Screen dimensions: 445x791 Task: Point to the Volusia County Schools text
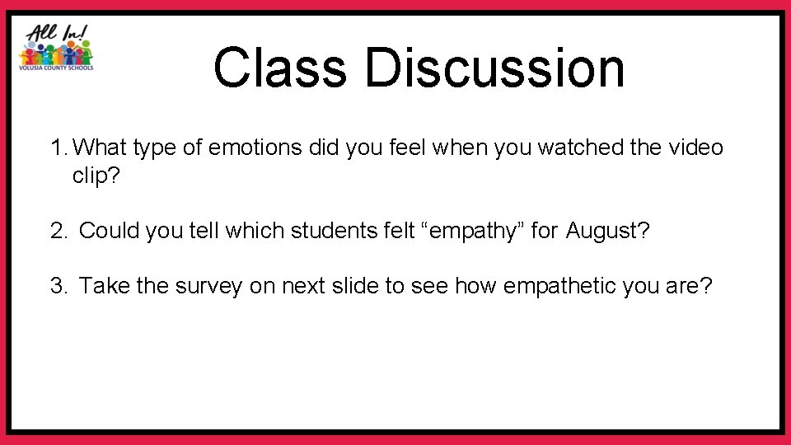click(x=56, y=68)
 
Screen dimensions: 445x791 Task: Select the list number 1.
click(x=58, y=148)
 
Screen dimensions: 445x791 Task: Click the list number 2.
click(x=58, y=230)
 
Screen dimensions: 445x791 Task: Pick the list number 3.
click(x=58, y=286)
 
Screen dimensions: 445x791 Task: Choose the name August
click(x=607, y=230)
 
